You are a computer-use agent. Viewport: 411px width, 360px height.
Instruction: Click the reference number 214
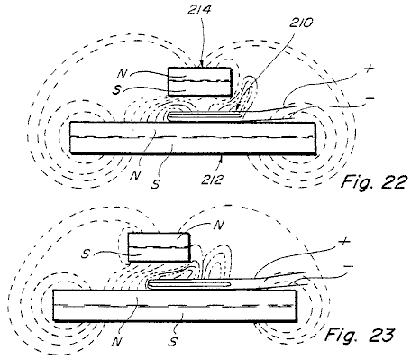click(x=199, y=10)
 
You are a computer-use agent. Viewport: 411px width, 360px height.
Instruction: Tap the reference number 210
click(x=301, y=23)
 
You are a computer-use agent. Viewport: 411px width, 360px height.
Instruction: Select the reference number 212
click(x=213, y=180)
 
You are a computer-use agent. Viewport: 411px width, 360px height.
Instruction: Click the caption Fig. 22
click(x=375, y=181)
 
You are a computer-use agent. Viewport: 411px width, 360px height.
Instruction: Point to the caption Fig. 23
click(x=360, y=335)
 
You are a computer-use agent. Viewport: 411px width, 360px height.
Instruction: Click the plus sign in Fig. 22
click(x=370, y=69)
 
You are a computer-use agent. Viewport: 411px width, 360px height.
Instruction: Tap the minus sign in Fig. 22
click(x=370, y=98)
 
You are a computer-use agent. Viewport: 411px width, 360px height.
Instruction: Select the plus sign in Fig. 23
click(x=344, y=241)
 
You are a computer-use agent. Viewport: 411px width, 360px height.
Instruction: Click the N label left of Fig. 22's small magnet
click(x=123, y=73)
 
